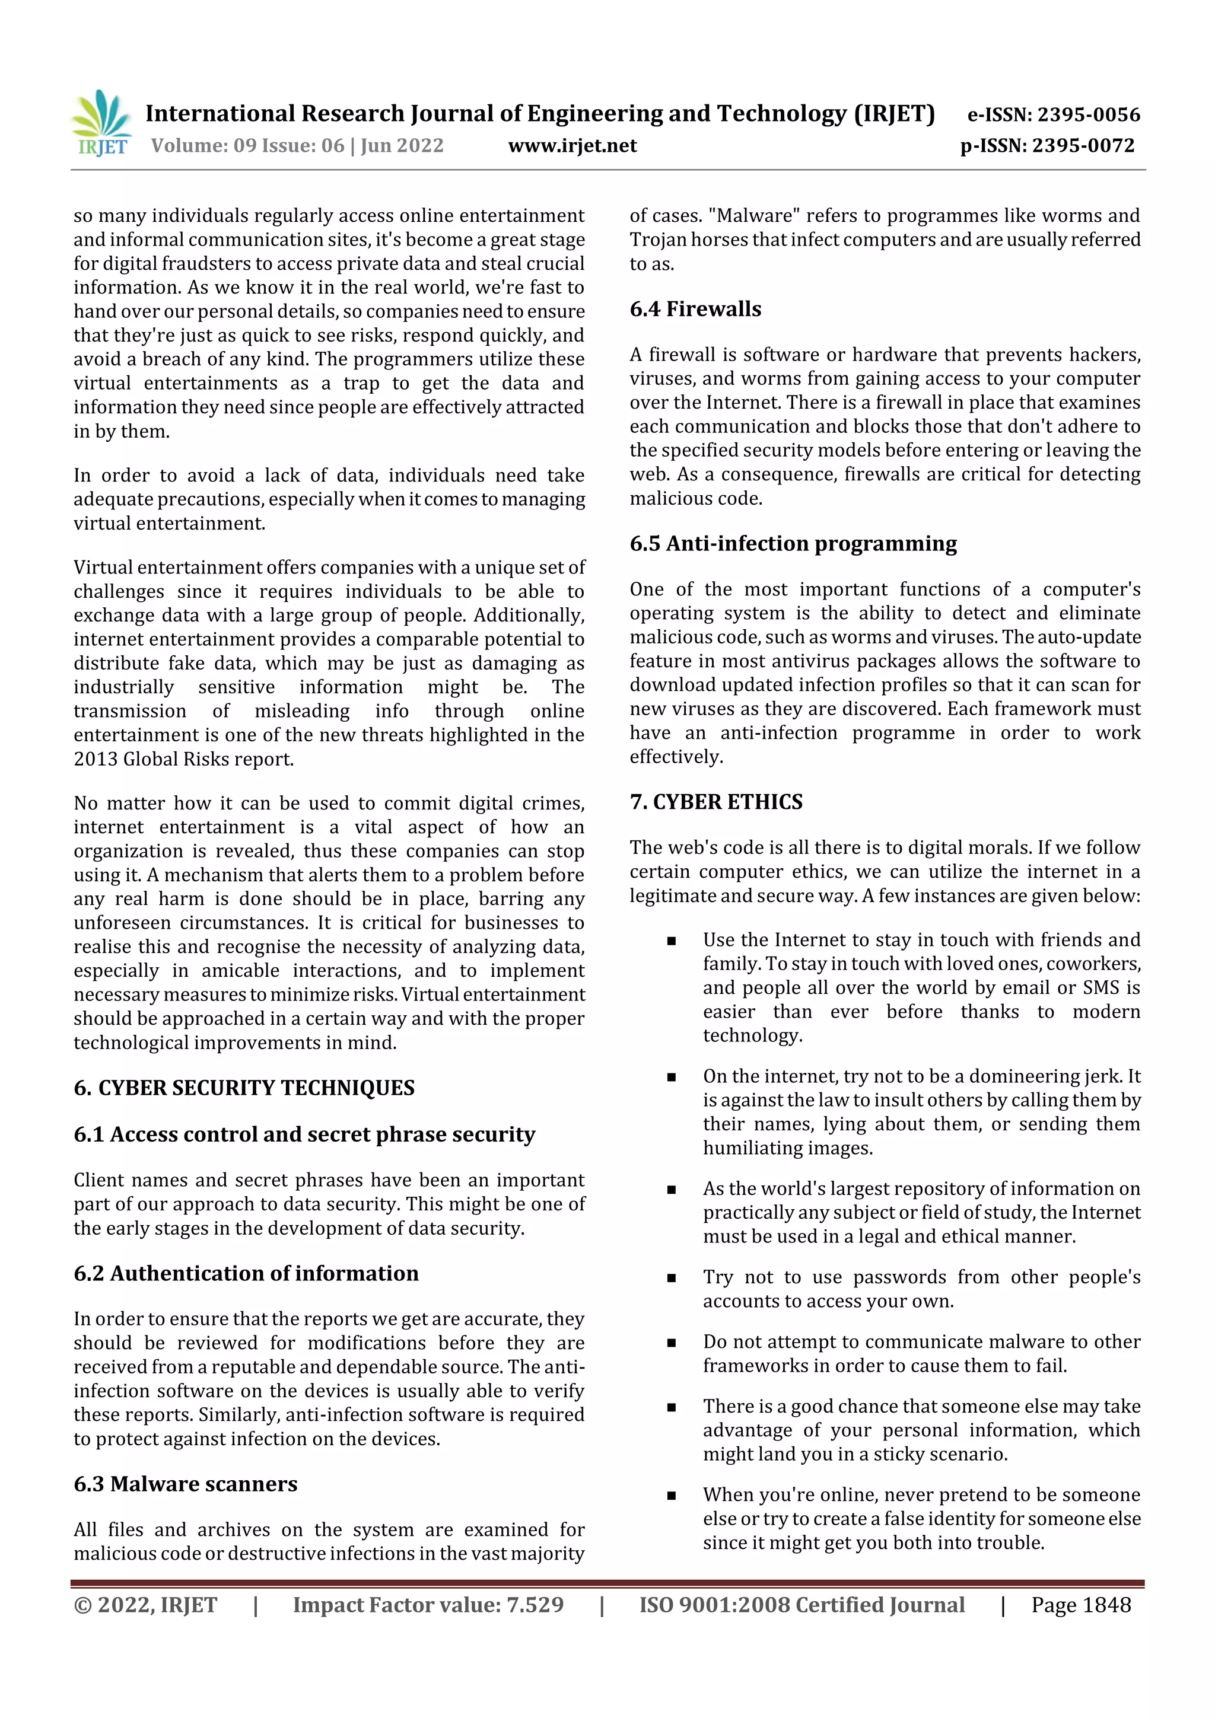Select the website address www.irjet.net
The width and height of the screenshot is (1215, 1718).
tap(572, 145)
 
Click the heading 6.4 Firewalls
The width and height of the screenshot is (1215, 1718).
tap(695, 309)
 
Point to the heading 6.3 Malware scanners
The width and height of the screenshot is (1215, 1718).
tap(185, 1484)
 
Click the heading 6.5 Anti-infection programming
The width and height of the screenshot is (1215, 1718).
tap(793, 543)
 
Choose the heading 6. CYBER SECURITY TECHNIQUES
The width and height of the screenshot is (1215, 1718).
tap(244, 1087)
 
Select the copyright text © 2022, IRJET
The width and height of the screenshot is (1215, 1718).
tap(145, 1604)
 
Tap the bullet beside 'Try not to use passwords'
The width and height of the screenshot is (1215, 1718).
tap(671, 1278)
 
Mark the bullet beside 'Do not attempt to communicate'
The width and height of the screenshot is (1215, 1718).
tap(671, 1343)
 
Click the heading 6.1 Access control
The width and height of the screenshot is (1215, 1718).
tap(304, 1134)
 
